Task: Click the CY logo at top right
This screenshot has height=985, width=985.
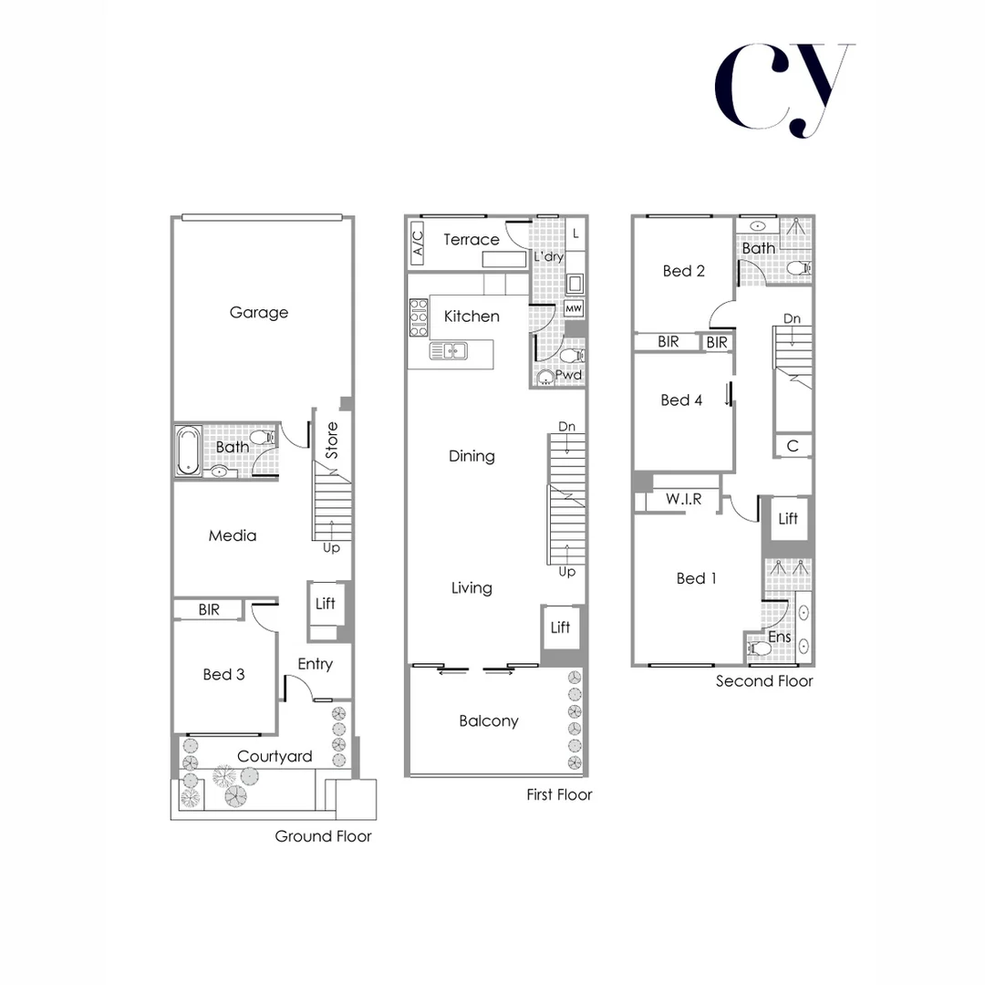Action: pyautogui.click(x=783, y=89)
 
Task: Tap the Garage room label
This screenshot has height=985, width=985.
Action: pyautogui.click(x=258, y=313)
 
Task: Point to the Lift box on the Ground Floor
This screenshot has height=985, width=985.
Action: pyautogui.click(x=325, y=604)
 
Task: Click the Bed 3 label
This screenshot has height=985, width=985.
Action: pyautogui.click(x=223, y=675)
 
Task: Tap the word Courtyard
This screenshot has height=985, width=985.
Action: pyautogui.click(x=275, y=756)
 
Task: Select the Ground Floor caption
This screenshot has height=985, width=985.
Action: pyautogui.click(x=323, y=836)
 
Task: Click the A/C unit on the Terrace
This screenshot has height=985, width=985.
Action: pyautogui.click(x=418, y=243)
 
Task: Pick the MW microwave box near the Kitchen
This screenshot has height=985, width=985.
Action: pyautogui.click(x=574, y=308)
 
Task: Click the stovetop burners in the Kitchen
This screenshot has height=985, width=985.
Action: pyautogui.click(x=419, y=318)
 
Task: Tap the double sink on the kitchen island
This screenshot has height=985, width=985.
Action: pyautogui.click(x=449, y=351)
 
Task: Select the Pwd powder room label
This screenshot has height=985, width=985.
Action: pyautogui.click(x=568, y=375)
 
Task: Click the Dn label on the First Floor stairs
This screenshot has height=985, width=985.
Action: pyautogui.click(x=567, y=427)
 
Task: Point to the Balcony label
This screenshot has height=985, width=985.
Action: pyautogui.click(x=488, y=721)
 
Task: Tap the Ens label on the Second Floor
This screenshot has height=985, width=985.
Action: pyautogui.click(x=779, y=638)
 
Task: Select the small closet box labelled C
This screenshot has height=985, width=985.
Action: pyautogui.click(x=793, y=446)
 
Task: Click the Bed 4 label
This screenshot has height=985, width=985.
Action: pyautogui.click(x=681, y=400)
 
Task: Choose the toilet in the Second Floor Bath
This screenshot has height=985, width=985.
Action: pyautogui.click(x=798, y=268)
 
